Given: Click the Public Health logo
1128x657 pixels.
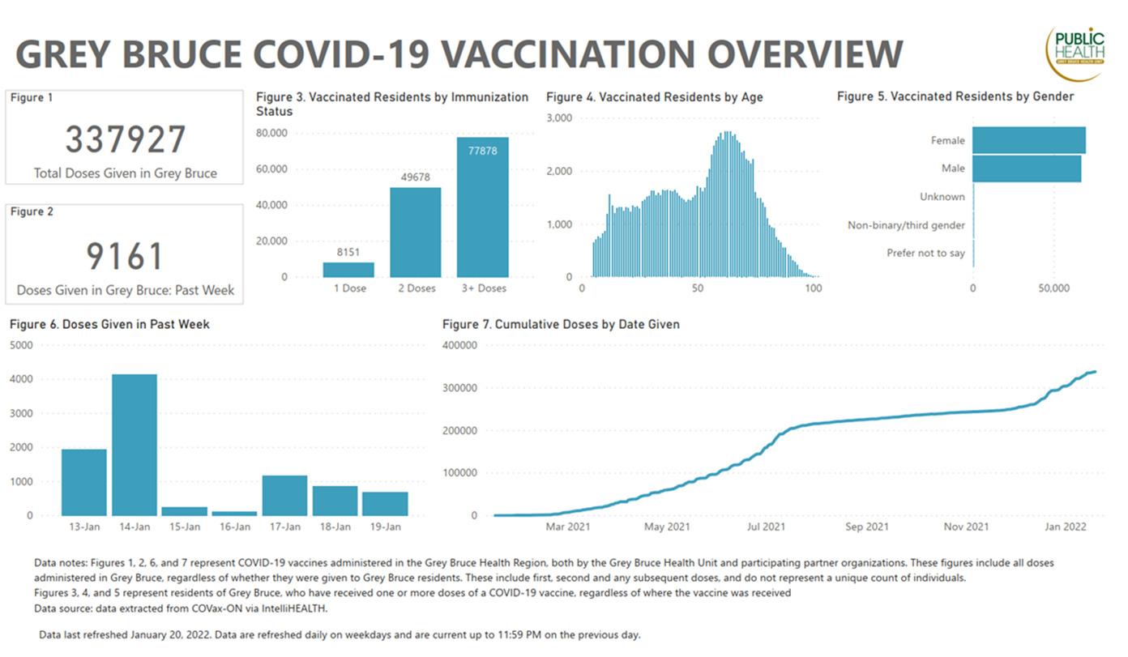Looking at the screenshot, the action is pyautogui.click(x=1076, y=53).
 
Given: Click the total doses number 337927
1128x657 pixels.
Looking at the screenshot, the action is pyautogui.click(x=126, y=139).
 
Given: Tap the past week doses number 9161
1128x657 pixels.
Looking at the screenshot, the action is pyautogui.click(x=124, y=256).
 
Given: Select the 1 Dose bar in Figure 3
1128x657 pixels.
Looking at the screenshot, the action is pyautogui.click(x=348, y=270).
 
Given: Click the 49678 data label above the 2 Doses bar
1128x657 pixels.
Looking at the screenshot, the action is pyautogui.click(x=416, y=177).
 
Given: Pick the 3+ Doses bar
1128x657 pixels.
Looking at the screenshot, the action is pyautogui.click(x=482, y=207).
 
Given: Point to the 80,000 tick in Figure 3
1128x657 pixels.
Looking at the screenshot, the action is pyautogui.click(x=271, y=133).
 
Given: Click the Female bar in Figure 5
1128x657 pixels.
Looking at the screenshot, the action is pyautogui.click(x=1029, y=140).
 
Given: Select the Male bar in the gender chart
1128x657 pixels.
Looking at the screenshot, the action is pyautogui.click(x=1027, y=169).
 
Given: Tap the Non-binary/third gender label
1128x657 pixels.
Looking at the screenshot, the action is pyautogui.click(x=906, y=225).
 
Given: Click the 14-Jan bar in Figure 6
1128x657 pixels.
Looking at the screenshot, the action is pyautogui.click(x=135, y=445).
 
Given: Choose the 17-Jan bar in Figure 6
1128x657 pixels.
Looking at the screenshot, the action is pyautogui.click(x=284, y=496).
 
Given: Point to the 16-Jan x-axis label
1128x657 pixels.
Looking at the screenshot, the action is pyautogui.click(x=235, y=527).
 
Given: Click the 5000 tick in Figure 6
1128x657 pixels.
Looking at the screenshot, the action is pyautogui.click(x=21, y=345).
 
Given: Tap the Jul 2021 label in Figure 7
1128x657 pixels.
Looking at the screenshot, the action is pyautogui.click(x=766, y=527).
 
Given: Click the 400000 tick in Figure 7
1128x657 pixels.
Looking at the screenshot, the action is pyautogui.click(x=459, y=345).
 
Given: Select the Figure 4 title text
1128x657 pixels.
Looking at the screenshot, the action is pyautogui.click(x=655, y=96).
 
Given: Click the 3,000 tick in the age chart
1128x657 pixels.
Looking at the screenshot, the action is pyautogui.click(x=559, y=117).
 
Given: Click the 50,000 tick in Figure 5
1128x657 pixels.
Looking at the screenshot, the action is pyautogui.click(x=1053, y=288).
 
